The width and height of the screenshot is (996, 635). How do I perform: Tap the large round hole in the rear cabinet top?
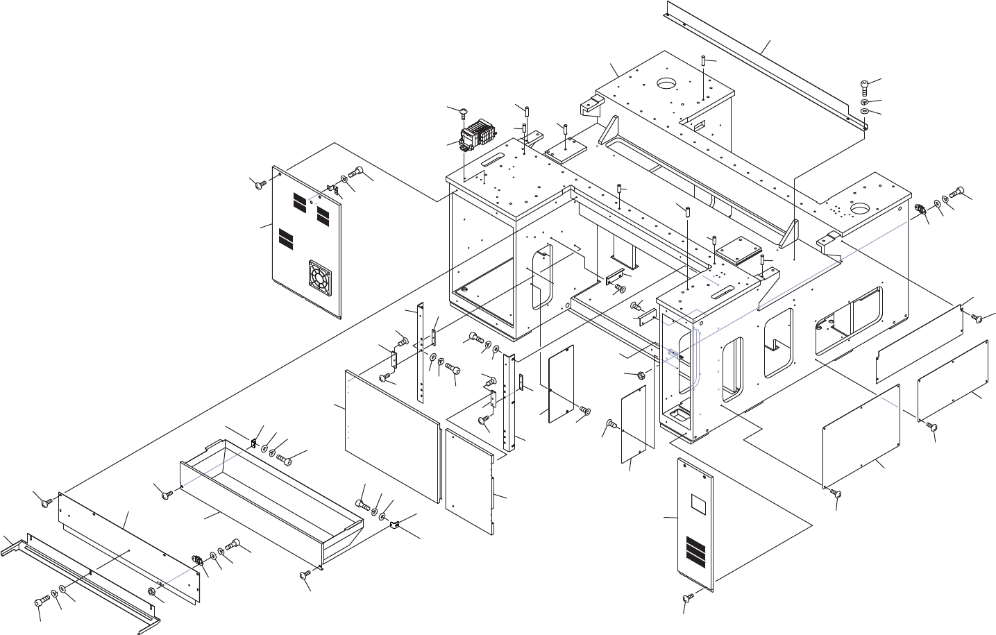(x=667, y=84)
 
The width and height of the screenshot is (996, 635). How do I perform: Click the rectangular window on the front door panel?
(x=698, y=503)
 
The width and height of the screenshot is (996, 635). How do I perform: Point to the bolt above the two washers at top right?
(x=863, y=87)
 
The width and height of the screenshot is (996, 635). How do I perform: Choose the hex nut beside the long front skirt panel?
(x=152, y=591)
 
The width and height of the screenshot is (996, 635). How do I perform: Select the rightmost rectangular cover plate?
(x=952, y=382)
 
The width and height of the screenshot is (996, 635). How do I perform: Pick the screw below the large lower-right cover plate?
(x=836, y=493)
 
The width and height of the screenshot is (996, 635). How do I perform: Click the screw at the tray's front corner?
(x=305, y=575)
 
